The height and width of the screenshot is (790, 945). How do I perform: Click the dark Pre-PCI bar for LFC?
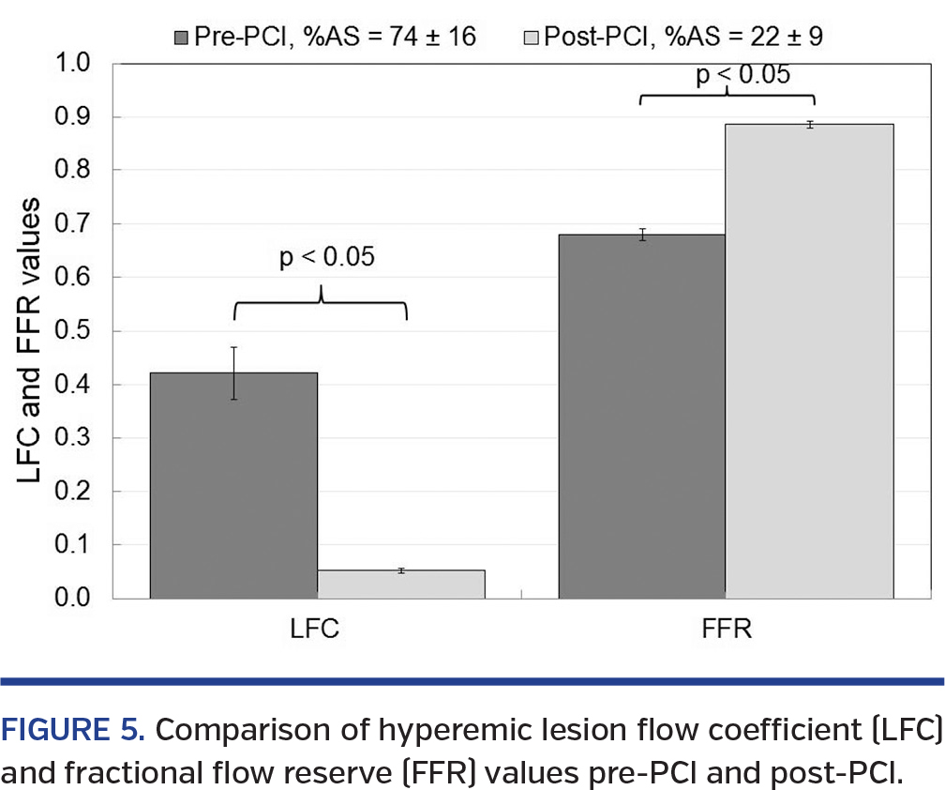(233, 485)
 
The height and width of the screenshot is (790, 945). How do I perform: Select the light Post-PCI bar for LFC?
(401, 584)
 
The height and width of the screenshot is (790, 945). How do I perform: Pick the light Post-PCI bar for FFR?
(809, 360)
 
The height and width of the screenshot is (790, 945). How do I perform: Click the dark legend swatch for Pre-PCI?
(181, 38)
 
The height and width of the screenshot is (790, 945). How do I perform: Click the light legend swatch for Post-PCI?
(529, 38)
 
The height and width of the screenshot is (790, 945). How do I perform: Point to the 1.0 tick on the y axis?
(74, 65)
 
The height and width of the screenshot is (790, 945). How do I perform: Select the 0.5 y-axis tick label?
(74, 331)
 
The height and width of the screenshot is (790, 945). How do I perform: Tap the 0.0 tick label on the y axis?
(74, 598)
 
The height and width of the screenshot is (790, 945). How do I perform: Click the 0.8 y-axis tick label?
(74, 171)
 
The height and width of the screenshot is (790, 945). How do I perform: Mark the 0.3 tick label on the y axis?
(74, 438)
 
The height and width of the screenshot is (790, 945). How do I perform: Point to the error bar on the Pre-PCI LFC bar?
(233, 372)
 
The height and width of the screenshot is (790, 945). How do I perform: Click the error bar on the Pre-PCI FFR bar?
(642, 235)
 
